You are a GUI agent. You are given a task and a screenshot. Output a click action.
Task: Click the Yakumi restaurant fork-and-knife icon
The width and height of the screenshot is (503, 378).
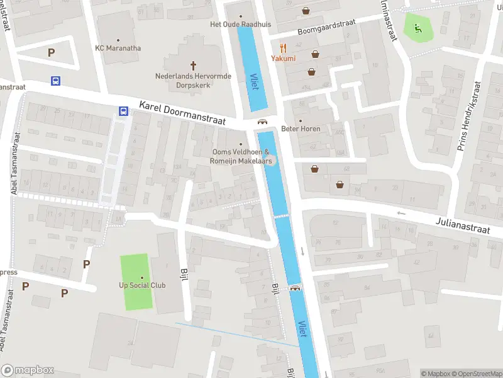(283, 47)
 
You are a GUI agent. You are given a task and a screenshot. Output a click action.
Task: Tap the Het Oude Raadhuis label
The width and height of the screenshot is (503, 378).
(240, 25)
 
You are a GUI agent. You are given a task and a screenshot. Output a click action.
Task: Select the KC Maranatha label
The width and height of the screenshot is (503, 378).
(118, 48)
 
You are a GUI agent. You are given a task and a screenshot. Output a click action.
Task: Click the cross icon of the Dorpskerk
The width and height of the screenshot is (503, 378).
(193, 65)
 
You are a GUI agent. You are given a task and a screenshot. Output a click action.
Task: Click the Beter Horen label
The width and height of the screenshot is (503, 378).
(301, 129)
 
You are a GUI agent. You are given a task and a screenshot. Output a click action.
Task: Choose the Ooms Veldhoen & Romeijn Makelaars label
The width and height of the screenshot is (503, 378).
(241, 156)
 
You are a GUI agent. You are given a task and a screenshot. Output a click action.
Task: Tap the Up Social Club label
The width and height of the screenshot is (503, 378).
(142, 285)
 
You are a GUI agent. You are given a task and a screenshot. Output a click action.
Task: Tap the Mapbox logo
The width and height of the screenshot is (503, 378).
(28, 370)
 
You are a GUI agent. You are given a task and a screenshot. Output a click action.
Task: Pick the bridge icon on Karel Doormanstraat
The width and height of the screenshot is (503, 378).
(262, 122)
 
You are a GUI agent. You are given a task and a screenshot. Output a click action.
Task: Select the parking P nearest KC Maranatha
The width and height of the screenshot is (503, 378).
(51, 53)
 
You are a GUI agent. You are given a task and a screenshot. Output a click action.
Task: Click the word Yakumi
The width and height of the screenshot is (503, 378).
(283, 58)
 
